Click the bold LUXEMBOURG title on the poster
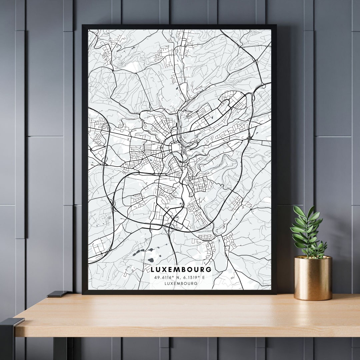coord(181,269)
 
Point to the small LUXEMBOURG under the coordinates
coord(181,283)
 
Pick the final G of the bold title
coord(209,269)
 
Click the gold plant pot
coord(313,278)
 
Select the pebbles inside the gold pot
coord(313,257)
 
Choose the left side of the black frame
coord(85,160)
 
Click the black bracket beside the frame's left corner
coord(57,294)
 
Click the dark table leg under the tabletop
coord(60,349)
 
